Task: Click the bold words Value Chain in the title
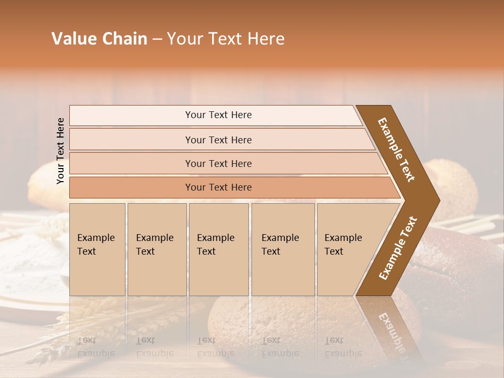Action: coord(99,39)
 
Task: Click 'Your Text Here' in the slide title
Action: coord(226,39)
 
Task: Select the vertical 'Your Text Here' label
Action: coord(60,151)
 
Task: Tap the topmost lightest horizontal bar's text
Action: coord(218,115)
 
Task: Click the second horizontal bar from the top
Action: coord(218,140)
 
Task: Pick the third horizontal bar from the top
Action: coord(218,164)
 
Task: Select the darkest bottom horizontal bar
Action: coord(218,187)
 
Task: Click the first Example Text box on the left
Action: coord(97,249)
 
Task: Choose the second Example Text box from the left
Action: coord(156,249)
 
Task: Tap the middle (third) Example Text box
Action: coord(218,249)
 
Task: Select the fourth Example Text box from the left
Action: coord(282,249)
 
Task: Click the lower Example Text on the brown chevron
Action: coord(398,248)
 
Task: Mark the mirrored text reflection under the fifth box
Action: coord(342,347)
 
